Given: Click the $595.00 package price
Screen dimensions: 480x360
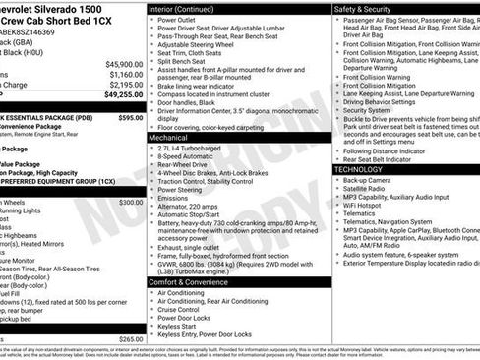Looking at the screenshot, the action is pyautogui.click(x=130, y=117).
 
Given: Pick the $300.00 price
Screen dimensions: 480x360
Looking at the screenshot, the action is pyautogui.click(x=130, y=202).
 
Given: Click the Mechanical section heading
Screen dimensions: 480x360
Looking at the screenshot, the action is pyautogui.click(x=168, y=138).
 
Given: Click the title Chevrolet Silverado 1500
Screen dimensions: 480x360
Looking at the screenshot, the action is pyautogui.click(x=59, y=9).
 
